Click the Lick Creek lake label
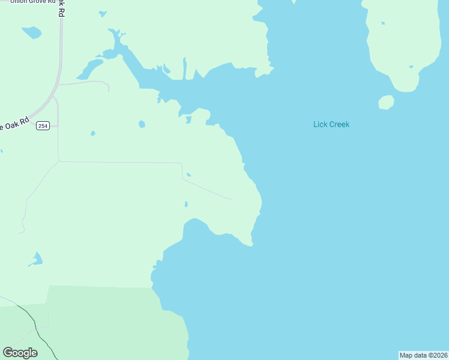point(331,125)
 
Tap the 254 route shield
point(43,125)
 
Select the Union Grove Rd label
point(28,2)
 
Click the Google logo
point(20,353)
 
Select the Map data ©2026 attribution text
point(424,355)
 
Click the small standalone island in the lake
point(387,103)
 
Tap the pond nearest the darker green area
point(36,260)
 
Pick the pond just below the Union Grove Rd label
point(31,32)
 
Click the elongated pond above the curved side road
point(90,68)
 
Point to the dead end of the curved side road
point(109,91)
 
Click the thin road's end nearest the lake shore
point(231,199)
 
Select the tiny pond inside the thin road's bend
point(188,175)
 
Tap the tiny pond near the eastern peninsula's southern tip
point(411,67)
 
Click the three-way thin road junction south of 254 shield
point(58,161)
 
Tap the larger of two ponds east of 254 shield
point(142,124)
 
